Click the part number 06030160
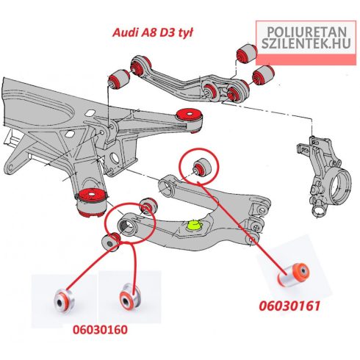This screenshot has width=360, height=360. [x=100, y=330]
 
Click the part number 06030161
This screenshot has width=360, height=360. [x=289, y=306]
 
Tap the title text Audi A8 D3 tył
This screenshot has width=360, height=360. [x=153, y=32]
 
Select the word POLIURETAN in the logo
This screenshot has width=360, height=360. [x=306, y=32]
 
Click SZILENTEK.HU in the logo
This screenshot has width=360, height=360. [x=306, y=43]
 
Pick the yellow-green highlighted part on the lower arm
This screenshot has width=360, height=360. [x=194, y=225]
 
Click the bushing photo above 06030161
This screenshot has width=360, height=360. [x=294, y=273]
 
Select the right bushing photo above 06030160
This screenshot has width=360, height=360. [x=130, y=298]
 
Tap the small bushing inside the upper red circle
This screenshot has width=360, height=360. [x=202, y=167]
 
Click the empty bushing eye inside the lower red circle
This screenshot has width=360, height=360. [x=127, y=226]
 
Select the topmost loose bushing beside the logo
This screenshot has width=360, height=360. [x=247, y=53]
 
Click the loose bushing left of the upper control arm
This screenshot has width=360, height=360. [x=119, y=79]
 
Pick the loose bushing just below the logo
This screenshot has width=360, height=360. [x=263, y=75]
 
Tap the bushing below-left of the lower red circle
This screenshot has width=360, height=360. [x=111, y=242]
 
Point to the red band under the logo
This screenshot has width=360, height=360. [x=306, y=60]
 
